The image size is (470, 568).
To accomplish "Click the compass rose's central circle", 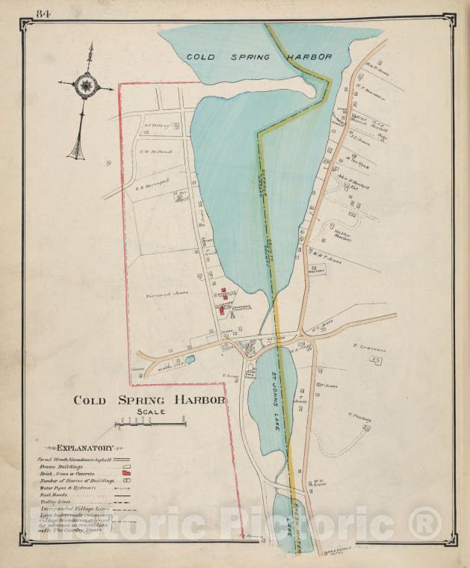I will coord(87,87).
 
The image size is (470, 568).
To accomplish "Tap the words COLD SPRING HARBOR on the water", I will coord(259,56).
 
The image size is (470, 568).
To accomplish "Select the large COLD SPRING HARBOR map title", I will coord(149,400).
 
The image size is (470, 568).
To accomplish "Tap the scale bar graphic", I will coord(150,424).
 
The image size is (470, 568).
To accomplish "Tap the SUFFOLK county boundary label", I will coord(262,176).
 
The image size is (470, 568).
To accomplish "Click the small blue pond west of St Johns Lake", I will coord(191,359).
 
